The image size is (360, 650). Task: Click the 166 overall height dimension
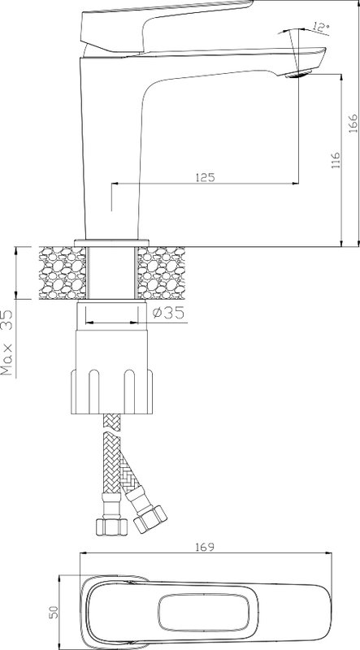353,123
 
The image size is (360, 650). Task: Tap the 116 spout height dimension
336,160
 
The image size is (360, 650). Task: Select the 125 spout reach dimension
205,177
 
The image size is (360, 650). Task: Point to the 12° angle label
321,28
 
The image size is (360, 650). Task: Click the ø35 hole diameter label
168,313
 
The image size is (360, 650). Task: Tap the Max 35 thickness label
7,342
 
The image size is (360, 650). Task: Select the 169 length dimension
205,547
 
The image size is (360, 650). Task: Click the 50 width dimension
54,612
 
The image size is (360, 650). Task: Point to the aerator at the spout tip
298,75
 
